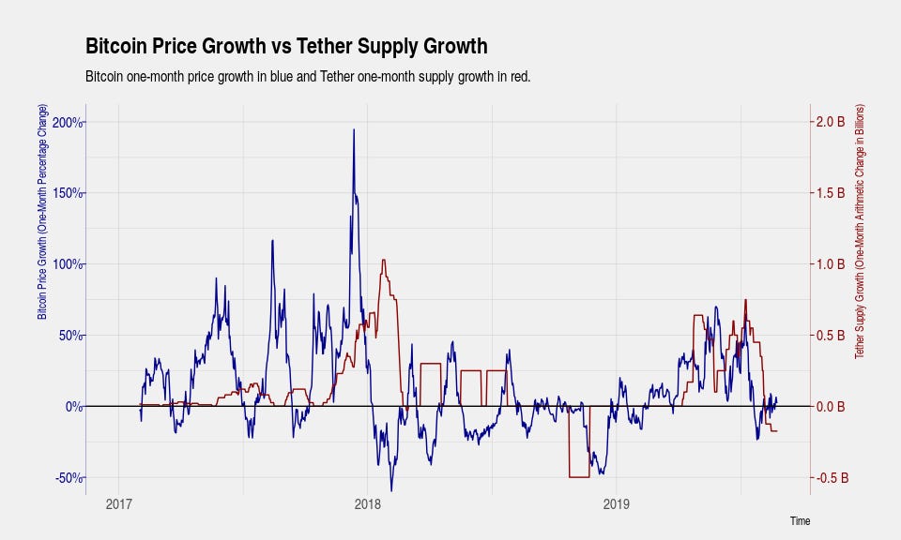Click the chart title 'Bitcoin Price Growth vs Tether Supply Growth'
point(286,46)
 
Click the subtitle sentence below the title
point(307,76)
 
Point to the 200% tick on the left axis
point(68,122)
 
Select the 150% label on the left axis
point(68,193)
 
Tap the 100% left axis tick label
point(68,264)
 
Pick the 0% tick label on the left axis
point(73,407)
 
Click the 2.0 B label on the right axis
point(831,122)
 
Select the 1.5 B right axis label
point(831,193)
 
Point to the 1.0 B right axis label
point(831,264)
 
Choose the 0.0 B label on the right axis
point(831,407)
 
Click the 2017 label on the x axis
point(119,504)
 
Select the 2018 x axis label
point(368,504)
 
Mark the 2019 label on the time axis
point(616,504)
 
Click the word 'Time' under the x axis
point(800,521)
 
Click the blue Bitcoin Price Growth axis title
point(42,212)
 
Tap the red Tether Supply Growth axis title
point(860,232)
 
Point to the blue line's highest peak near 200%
point(354,130)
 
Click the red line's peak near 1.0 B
point(384,261)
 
